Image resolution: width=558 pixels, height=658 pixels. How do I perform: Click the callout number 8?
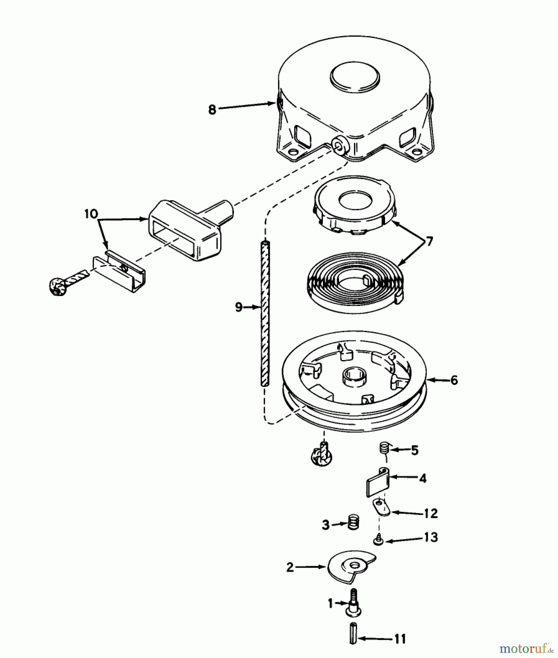212,109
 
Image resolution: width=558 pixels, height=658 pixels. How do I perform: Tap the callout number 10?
91,214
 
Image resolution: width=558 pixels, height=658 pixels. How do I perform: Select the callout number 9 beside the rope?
238,307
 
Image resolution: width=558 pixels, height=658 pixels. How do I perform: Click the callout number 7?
429,241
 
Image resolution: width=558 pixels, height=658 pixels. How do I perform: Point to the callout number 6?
454,381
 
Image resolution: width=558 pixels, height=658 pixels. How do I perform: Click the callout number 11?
400,639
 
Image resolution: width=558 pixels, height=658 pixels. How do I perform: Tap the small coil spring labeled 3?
353,522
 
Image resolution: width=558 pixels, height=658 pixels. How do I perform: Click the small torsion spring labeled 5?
383,448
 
